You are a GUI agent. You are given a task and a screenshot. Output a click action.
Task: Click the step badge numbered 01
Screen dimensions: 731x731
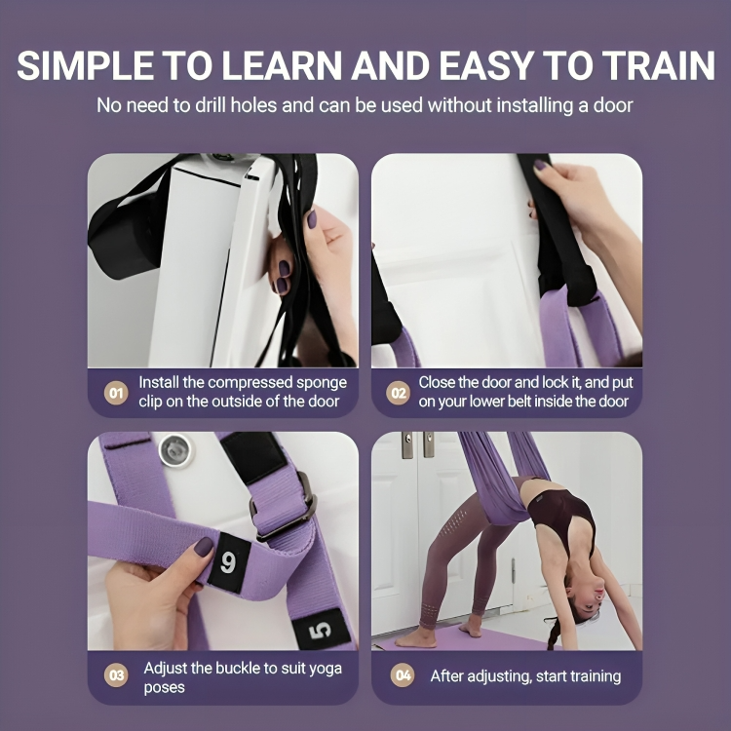click(x=116, y=393)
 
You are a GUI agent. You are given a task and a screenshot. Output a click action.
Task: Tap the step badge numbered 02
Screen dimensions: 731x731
click(x=398, y=393)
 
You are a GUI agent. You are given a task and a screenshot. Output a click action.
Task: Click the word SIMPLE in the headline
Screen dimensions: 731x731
click(x=87, y=65)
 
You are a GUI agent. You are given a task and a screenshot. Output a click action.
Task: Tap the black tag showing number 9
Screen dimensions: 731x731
click(x=228, y=562)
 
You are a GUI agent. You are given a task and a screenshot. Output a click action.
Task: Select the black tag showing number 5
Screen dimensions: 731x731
click(x=319, y=631)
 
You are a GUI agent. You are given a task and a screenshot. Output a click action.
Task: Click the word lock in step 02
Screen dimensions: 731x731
click(x=548, y=383)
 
